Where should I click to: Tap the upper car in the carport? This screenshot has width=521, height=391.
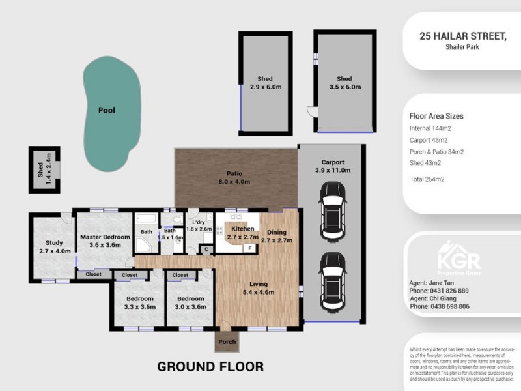[x=333, y=210]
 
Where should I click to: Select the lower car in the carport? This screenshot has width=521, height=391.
[x=333, y=282]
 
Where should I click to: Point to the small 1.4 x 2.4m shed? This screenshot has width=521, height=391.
[x=44, y=169]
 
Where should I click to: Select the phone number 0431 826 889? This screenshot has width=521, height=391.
[x=449, y=291]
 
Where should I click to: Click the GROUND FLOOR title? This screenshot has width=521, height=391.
[x=210, y=367]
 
